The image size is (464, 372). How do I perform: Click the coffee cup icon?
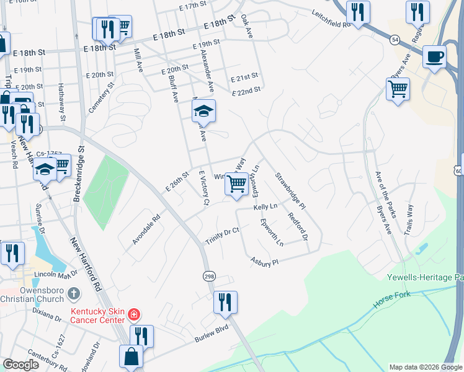coord(434,56)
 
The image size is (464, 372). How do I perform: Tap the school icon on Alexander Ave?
coord(203,111)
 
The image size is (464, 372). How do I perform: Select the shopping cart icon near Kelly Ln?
coord(236,184)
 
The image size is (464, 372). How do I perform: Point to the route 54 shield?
coord(395,39)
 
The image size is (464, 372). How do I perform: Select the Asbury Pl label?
coord(264,262)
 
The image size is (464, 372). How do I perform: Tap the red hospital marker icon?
coord(133,315)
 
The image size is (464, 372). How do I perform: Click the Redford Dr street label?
coord(298,226)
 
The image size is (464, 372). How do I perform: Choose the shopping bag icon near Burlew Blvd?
coord(132,356)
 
